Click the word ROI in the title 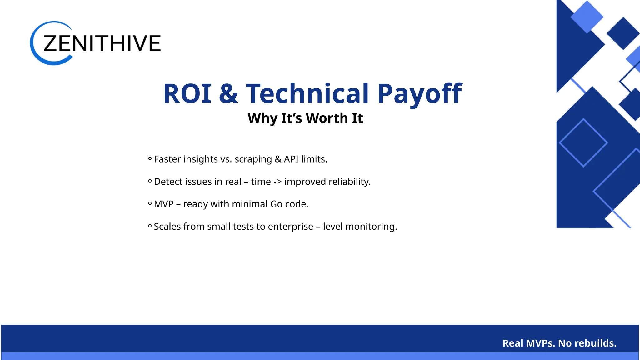(x=187, y=93)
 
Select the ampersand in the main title (x=228, y=93)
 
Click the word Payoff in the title (x=419, y=93)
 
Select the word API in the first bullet (x=291, y=159)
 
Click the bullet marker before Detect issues (x=150, y=181)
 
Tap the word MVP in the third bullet (x=163, y=204)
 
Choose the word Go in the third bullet (x=276, y=204)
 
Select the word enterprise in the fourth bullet (x=290, y=227)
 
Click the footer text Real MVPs (x=528, y=343)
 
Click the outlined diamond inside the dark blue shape (x=583, y=143)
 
